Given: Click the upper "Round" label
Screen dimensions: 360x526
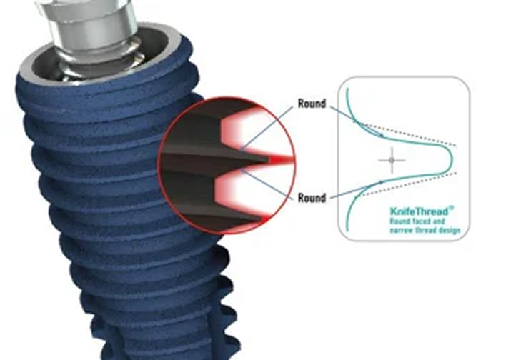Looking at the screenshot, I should pyautogui.click(x=312, y=104).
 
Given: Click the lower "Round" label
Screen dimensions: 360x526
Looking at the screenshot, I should pyautogui.click(x=312, y=198).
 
